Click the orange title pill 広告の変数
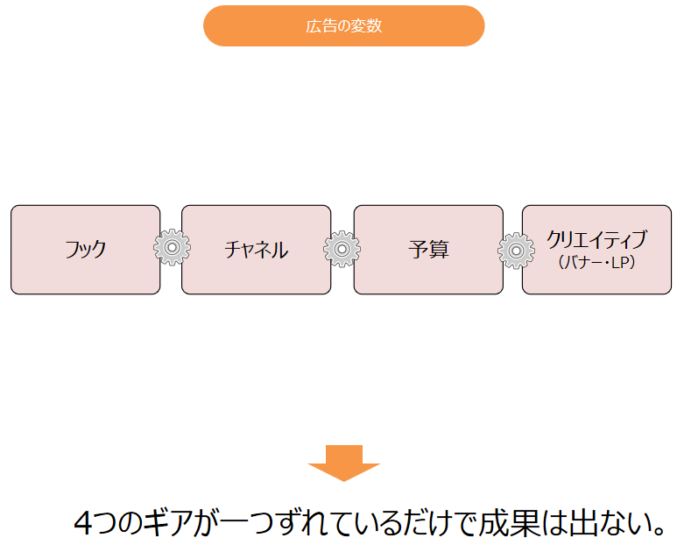tap(343, 26)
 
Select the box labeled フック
tap(85, 250)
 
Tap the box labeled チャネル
tap(256, 250)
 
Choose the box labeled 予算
tap(428, 250)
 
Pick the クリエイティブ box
tap(596, 250)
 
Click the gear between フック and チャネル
tap(172, 249)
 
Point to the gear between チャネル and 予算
tap(342, 250)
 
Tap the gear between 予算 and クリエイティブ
tap(516, 251)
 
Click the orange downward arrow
tap(343, 463)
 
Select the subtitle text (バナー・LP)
tap(596, 262)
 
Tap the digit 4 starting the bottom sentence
tap(83, 523)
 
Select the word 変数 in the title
tap(368, 26)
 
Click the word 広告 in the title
tap(319, 26)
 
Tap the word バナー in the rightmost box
tap(584, 262)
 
